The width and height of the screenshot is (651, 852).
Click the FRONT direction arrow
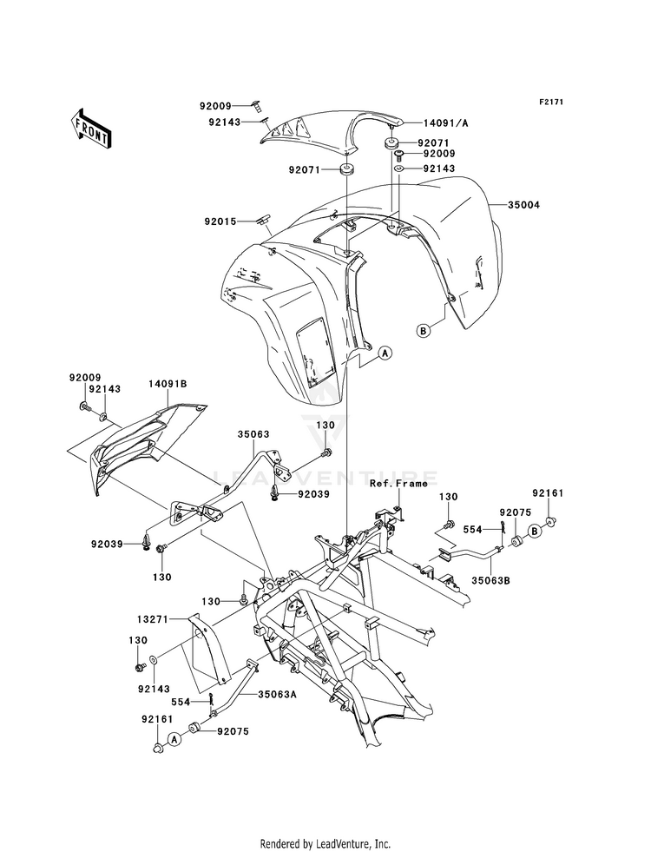pos(90,129)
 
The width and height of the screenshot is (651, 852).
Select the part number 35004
pos(524,205)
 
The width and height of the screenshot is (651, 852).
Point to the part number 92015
pos(220,221)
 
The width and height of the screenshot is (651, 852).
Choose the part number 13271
pos(153,619)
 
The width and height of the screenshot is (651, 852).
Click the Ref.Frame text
pos(398,483)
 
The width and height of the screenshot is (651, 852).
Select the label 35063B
pos(490,580)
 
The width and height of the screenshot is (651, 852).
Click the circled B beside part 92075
pos(536,531)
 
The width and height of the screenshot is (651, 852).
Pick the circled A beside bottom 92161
pos(174,738)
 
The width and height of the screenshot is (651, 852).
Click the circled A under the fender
pos(385,353)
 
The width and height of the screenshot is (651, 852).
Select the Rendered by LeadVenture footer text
pos(325,844)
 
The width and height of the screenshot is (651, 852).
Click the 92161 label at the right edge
pos(548,493)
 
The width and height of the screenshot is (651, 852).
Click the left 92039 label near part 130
pos(108,544)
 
